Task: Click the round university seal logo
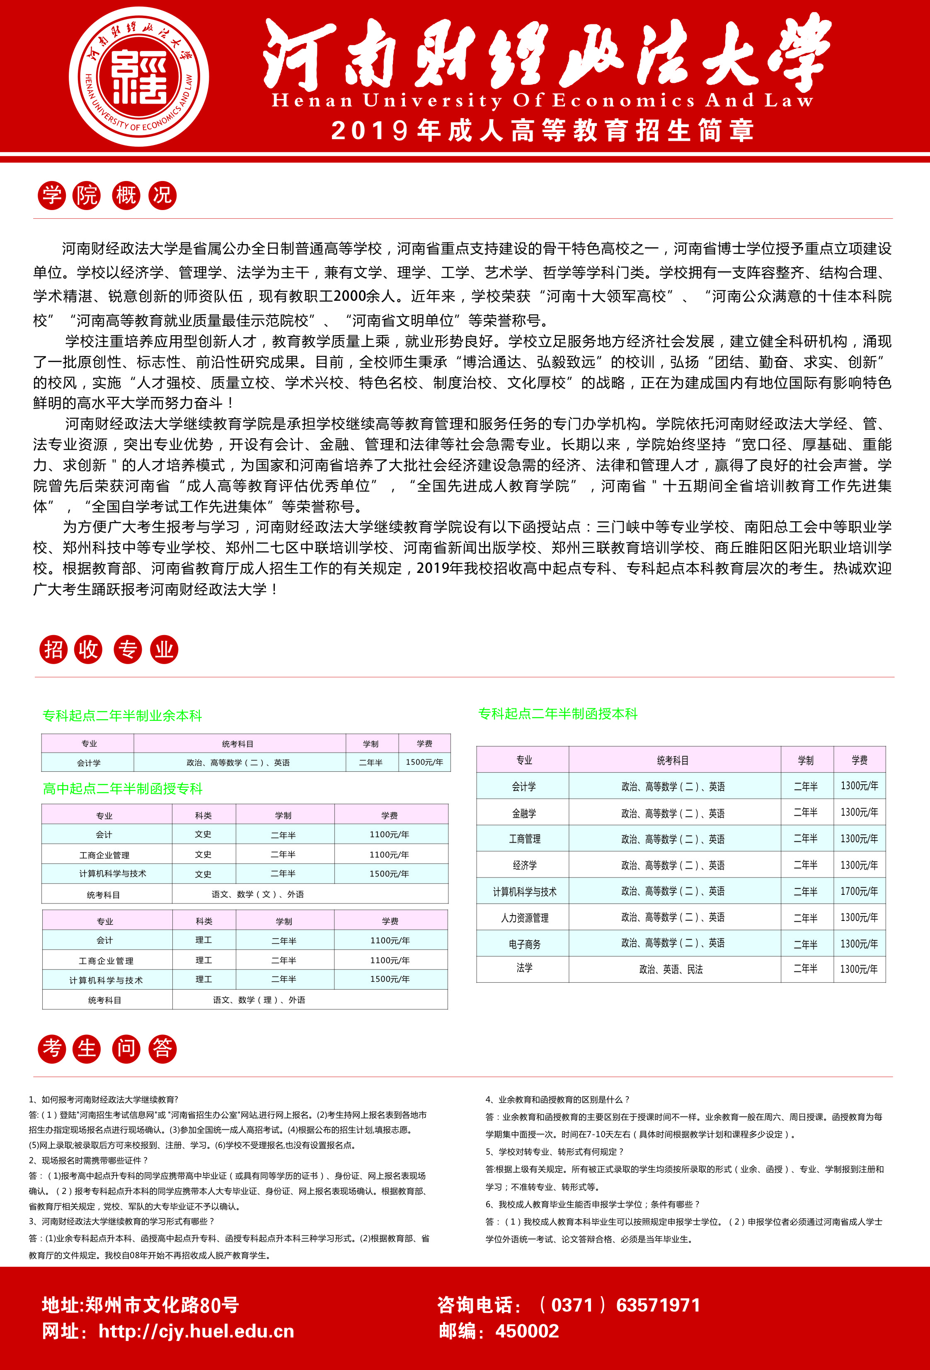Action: [x=139, y=77]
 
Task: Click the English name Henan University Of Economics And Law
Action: [x=542, y=101]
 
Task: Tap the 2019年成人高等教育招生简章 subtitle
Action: [x=542, y=130]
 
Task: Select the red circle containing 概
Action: [x=126, y=195]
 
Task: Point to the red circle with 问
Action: [x=126, y=1049]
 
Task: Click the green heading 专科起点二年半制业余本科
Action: [x=122, y=715]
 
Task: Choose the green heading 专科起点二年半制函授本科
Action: [x=557, y=714]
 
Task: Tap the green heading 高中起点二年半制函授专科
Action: [x=123, y=789]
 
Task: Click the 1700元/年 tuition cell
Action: [x=859, y=892]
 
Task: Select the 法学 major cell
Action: [x=524, y=968]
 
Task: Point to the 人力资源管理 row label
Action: [x=524, y=918]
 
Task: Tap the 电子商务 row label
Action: [x=524, y=944]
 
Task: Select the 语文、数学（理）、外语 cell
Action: [x=259, y=1000]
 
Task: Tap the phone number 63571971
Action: [x=658, y=1305]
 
